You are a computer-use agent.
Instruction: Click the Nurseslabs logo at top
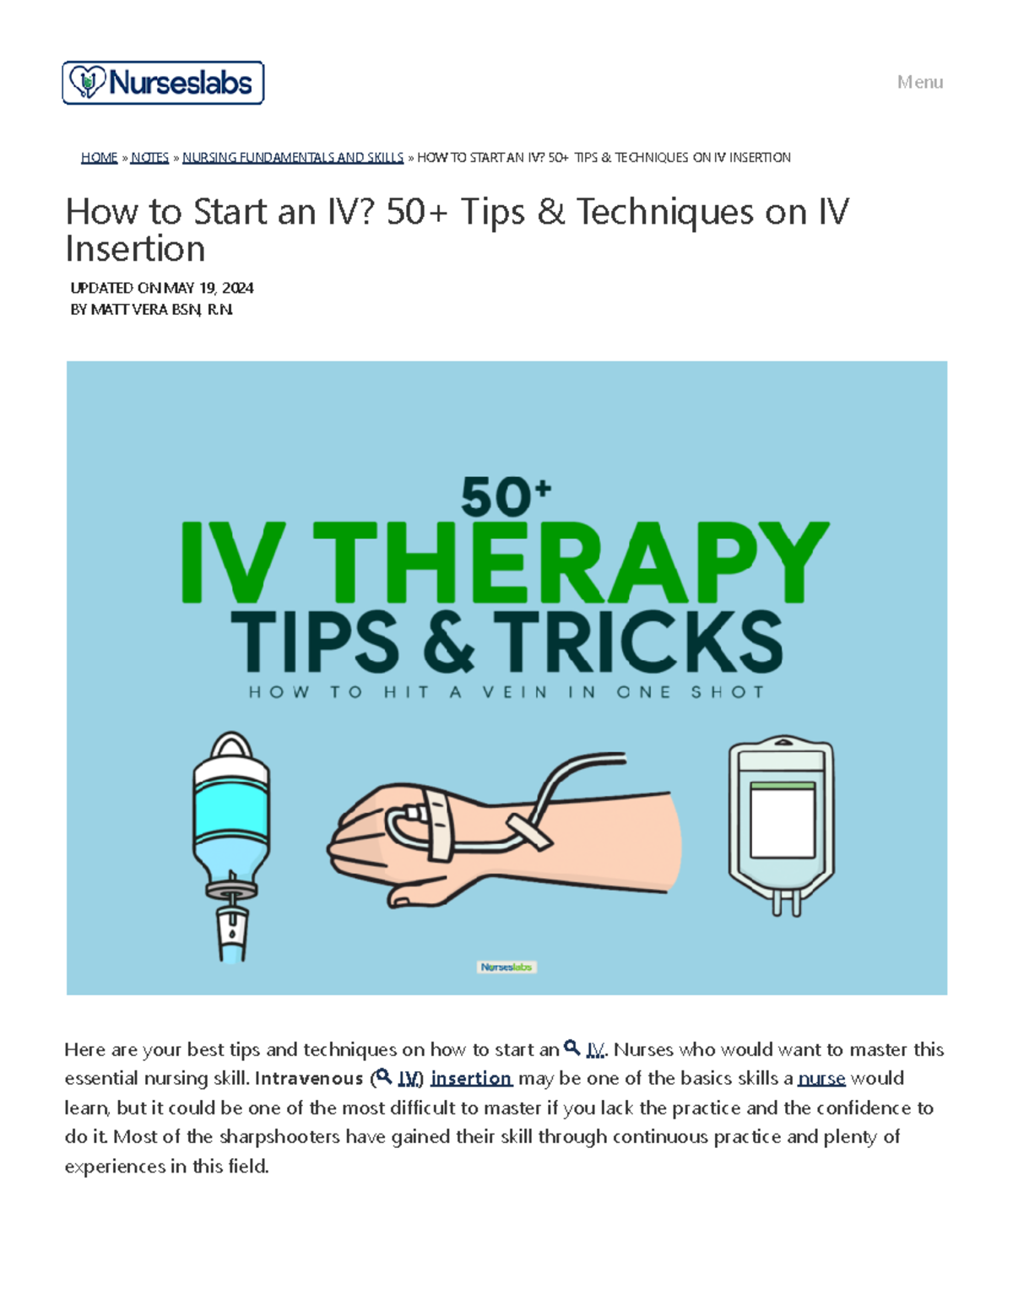pyautogui.click(x=163, y=83)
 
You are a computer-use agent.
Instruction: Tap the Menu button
pyautogui.click(x=919, y=82)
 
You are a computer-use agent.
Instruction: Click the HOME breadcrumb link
pyautogui.click(x=99, y=158)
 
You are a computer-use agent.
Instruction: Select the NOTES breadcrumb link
pyautogui.click(x=149, y=158)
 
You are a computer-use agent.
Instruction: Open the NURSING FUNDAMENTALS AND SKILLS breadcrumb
pyautogui.click(x=293, y=158)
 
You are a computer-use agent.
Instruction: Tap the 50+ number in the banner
pyautogui.click(x=505, y=496)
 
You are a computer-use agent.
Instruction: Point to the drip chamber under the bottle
pyautogui.click(x=231, y=933)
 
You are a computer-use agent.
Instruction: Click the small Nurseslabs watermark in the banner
pyautogui.click(x=506, y=967)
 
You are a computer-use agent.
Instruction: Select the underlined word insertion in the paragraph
pyautogui.click(x=471, y=1079)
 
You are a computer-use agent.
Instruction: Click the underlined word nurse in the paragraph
pyautogui.click(x=821, y=1079)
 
